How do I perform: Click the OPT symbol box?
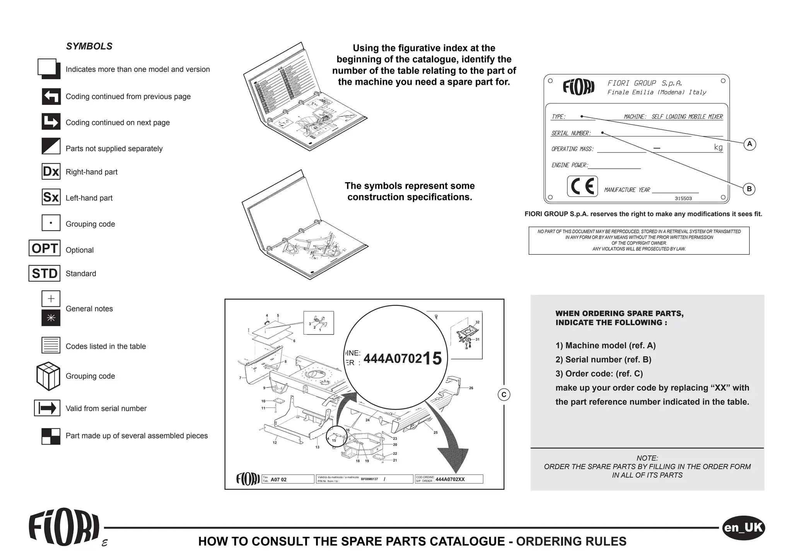44,248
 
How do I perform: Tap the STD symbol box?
44,273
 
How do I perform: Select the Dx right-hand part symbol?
51,171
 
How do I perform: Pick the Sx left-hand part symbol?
51,197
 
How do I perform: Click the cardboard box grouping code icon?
48,376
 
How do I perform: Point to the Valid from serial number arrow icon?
47,408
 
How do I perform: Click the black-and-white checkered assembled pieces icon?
51,436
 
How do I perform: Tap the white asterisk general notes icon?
51,318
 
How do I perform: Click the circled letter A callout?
749,144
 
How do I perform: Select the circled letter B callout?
749,189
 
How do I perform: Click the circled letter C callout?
504,395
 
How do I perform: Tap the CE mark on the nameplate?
582,186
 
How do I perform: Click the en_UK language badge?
743,528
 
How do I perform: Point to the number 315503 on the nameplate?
683,198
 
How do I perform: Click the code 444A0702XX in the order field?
450,480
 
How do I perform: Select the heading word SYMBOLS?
89,46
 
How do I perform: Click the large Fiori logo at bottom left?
64,527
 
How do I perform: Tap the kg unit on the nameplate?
718,147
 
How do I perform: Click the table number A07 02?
278,480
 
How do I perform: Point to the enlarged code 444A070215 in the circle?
402,359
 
